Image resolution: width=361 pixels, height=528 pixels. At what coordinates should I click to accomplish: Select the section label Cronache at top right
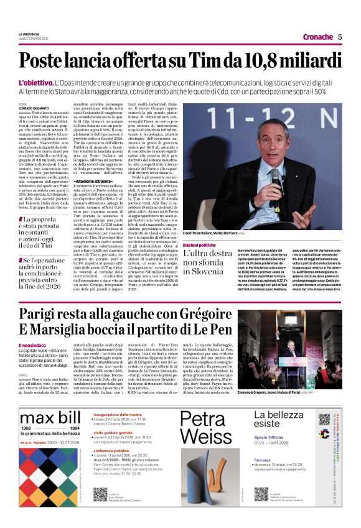tap(318, 37)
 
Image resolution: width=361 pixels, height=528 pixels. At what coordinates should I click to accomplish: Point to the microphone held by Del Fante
tap(274, 180)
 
